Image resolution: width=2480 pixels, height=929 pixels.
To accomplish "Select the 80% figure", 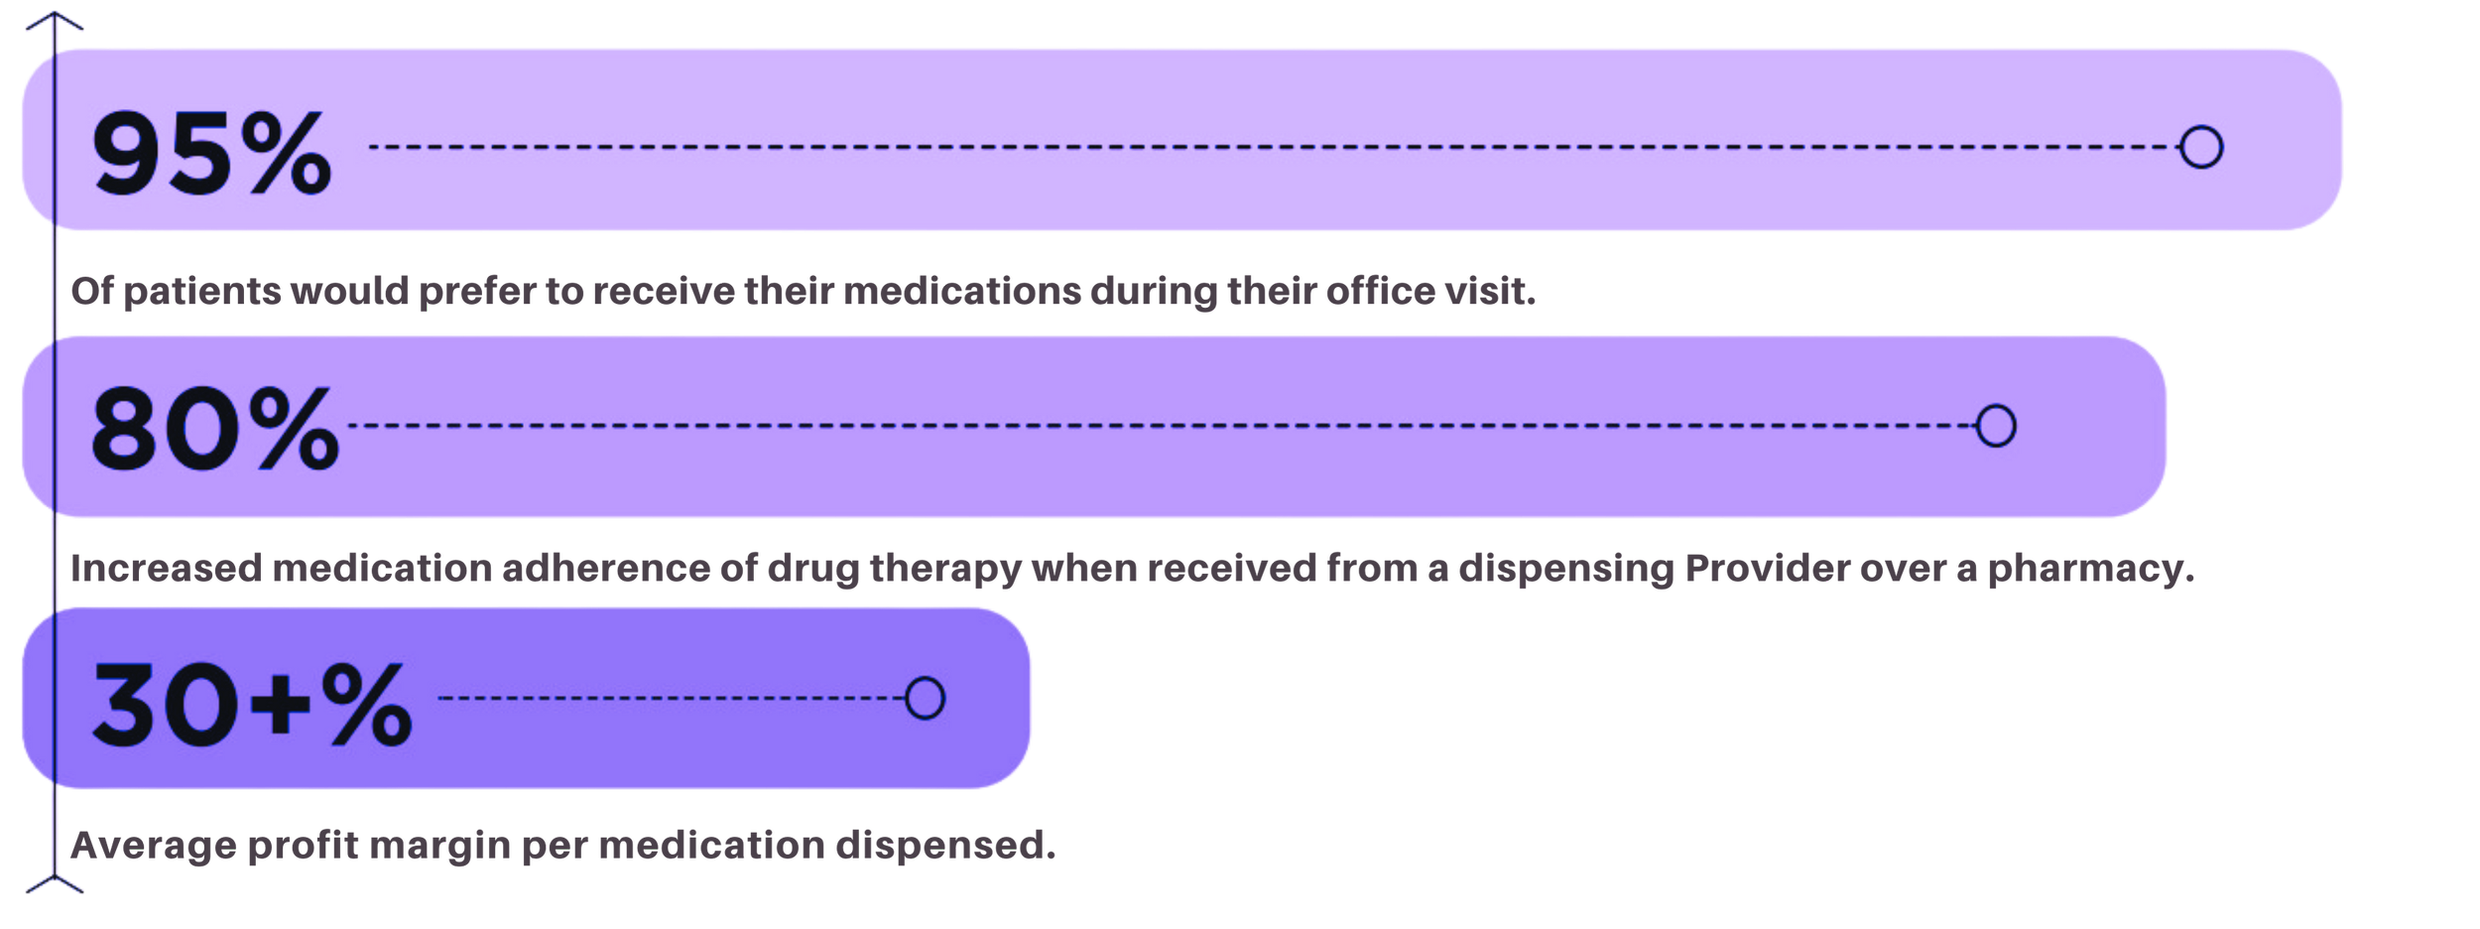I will [214, 429].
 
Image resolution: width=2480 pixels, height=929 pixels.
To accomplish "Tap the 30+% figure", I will [252, 704].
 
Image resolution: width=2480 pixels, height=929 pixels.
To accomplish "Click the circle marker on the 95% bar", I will [2200, 147].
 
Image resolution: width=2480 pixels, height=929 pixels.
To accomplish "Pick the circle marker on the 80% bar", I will [1995, 426].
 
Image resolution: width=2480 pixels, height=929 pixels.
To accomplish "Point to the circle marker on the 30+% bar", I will [925, 699].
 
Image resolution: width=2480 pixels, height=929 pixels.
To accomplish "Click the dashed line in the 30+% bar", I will [671, 699].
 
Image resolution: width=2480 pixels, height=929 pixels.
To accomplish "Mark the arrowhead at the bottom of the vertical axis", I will [54, 885].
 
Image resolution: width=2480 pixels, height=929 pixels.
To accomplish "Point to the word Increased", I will [165, 569].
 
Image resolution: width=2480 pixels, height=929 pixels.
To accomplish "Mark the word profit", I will [299, 847].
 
